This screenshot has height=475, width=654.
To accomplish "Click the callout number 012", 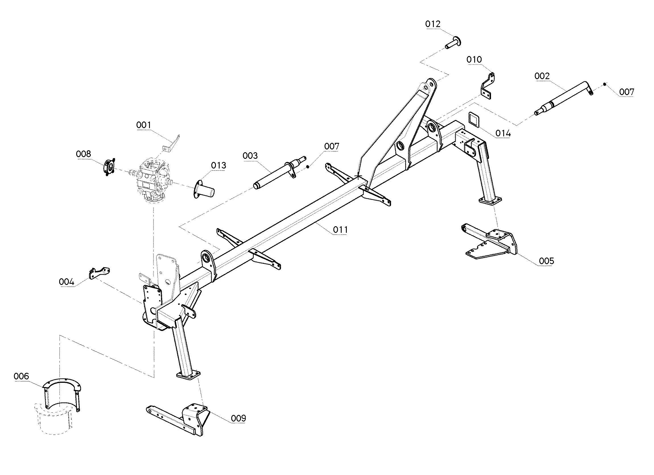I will [x=433, y=24].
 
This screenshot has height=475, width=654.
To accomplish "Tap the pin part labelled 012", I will [x=453, y=43].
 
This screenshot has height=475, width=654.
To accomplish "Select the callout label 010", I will [x=474, y=60].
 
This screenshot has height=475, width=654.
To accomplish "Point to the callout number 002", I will [x=542, y=76].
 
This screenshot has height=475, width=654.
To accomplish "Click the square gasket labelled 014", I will [x=474, y=119].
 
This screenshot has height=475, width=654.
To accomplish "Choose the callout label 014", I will [x=503, y=133].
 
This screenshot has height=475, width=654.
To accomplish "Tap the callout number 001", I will [x=144, y=125].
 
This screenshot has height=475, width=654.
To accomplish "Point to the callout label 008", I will [x=83, y=154].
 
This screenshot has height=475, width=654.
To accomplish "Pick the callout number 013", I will [x=218, y=166].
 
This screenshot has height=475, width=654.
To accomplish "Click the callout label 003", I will [x=250, y=156].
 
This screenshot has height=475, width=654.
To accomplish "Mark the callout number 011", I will [x=340, y=230].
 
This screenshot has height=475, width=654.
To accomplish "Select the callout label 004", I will [x=67, y=282].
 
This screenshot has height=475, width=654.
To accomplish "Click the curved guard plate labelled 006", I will [x=61, y=393].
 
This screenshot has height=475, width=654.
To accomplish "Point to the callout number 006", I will [x=21, y=376].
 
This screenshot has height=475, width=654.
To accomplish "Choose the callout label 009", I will [x=238, y=418].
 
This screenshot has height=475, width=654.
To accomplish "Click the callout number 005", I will [x=546, y=261].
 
